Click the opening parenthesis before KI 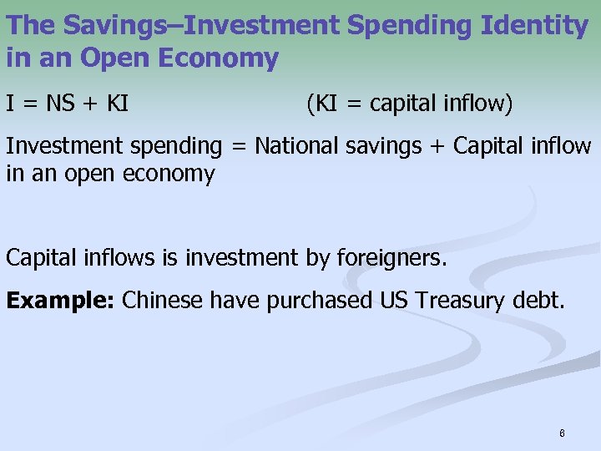click(x=311, y=104)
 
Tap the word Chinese click(x=162, y=301)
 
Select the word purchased click(x=321, y=302)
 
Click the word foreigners click(x=391, y=258)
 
